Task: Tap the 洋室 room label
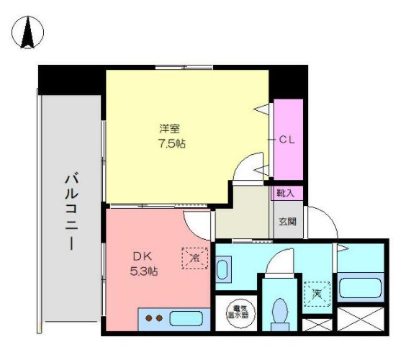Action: tap(170, 129)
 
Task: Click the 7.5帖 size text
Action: tap(170, 143)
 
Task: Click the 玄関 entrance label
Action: tap(287, 221)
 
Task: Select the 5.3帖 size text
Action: tap(144, 271)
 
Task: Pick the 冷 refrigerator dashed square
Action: tap(193, 256)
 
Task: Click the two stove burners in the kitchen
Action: tap(153, 318)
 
